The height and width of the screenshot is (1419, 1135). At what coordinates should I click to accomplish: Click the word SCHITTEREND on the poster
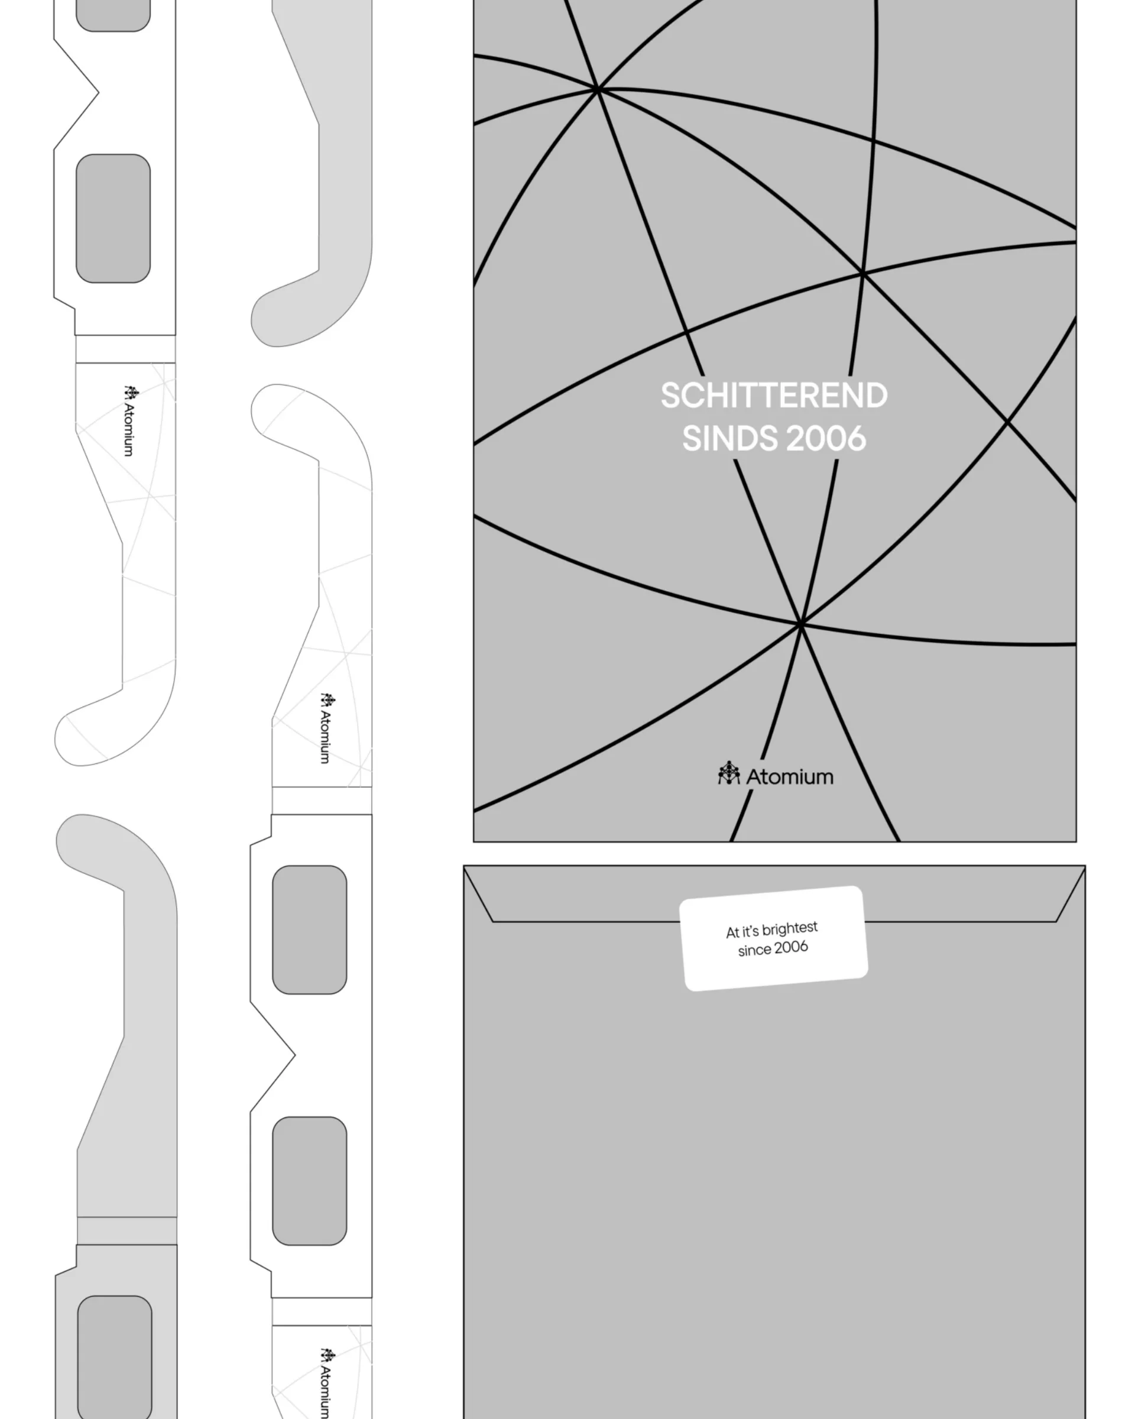[774, 396]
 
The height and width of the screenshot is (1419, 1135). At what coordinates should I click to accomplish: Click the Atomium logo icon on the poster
[729, 773]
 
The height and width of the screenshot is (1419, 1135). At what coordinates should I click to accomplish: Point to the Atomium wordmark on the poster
[790, 777]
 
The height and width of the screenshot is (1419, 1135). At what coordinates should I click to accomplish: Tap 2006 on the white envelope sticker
[791, 947]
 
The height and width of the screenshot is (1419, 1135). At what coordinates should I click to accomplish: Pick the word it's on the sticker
[750, 932]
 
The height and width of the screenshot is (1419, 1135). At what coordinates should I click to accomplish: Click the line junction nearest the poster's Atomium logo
[801, 623]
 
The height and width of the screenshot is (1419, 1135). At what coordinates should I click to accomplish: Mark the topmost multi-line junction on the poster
[598, 88]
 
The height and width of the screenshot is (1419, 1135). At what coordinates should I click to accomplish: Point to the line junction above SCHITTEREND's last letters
[862, 273]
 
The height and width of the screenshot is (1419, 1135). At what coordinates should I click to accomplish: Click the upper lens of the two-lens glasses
[309, 929]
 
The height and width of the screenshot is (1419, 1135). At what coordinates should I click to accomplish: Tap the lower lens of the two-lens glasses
[309, 1181]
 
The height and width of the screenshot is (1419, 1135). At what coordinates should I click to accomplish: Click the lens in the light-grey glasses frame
[115, 1357]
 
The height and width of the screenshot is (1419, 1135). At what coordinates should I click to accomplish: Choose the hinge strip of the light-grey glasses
[127, 1231]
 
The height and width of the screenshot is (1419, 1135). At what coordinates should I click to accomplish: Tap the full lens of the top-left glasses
[113, 219]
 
